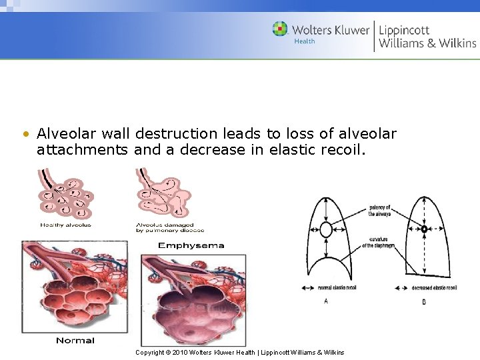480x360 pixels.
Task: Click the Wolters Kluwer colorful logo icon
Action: (280, 29)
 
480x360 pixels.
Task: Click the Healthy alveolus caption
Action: (66, 225)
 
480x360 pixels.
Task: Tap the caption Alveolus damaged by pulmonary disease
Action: (164, 227)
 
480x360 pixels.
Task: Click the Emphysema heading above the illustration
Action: (191, 245)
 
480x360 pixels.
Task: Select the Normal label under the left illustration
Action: (75, 341)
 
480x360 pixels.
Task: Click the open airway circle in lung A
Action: (325, 230)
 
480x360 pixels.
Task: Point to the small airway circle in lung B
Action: (424, 229)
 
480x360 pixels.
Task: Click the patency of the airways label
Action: (380, 211)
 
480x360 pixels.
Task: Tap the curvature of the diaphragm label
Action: (378, 243)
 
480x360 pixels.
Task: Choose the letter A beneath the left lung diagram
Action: (326, 301)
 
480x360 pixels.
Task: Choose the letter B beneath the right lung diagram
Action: (424, 302)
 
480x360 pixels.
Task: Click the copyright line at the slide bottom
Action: (240, 352)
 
